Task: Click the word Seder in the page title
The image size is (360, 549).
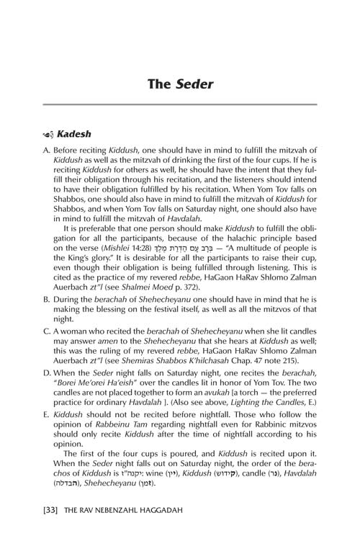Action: point(193,85)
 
